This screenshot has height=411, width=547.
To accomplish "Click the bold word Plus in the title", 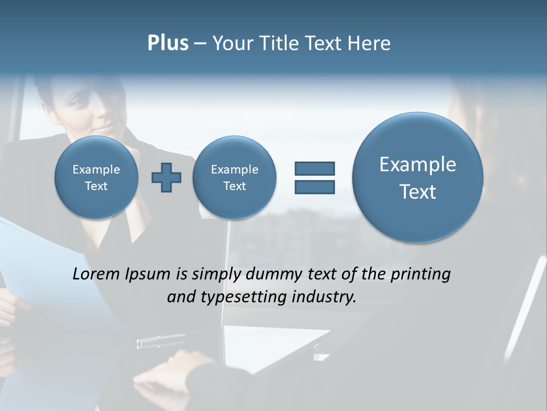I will [x=168, y=43].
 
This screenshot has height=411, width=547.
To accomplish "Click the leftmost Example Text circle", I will [x=96, y=178].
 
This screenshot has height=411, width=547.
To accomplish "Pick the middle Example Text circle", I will [x=234, y=178].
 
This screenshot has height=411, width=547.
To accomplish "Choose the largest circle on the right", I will [x=418, y=178].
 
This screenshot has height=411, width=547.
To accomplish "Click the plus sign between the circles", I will [x=166, y=178].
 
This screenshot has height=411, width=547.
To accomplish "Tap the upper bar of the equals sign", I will [x=315, y=168].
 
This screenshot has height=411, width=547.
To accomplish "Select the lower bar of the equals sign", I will [x=315, y=187].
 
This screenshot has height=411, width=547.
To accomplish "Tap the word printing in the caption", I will [x=422, y=275].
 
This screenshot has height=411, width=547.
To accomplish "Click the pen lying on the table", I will [x=160, y=342].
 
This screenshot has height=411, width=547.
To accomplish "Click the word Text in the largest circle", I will [x=418, y=192].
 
